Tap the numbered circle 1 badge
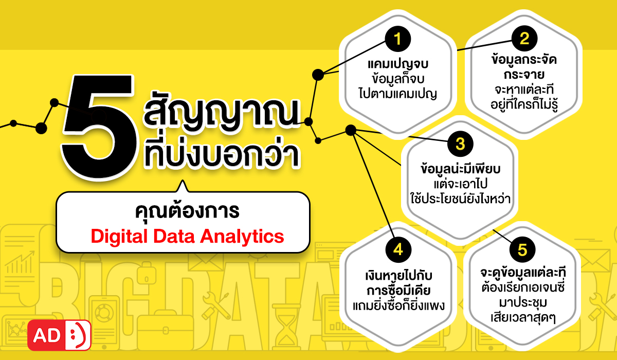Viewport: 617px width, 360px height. coord(398,39)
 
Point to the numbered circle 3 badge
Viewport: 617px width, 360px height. coord(460,144)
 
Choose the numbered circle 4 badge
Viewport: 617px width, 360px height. coord(398,250)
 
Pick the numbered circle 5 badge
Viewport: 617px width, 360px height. coord(522,250)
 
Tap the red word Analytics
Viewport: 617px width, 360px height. coord(242,237)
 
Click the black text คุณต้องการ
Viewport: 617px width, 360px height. coord(187,211)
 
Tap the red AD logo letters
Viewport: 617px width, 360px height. coord(47,336)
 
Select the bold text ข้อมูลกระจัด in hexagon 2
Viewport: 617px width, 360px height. coord(524,60)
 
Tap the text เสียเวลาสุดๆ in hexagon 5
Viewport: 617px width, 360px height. coord(523,318)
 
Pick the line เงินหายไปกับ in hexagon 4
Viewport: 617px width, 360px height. coord(398,275)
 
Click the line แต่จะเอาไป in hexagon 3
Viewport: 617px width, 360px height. coord(461,183)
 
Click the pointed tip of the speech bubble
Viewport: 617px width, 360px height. coord(183,181)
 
